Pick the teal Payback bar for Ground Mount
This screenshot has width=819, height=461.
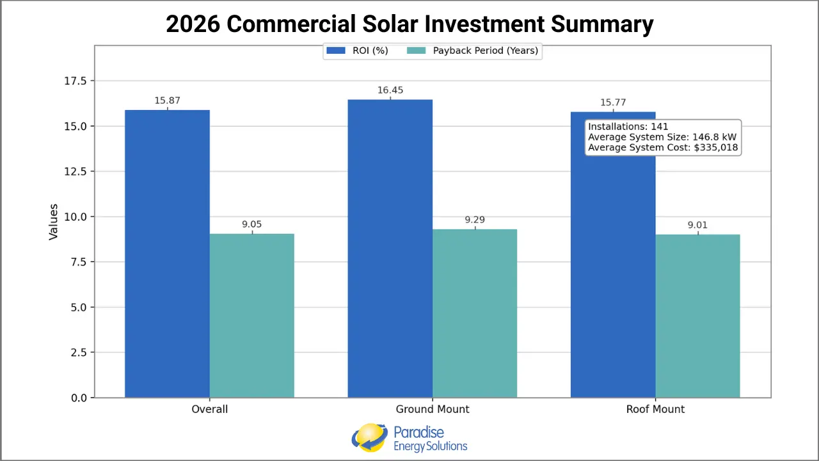pos(474,313)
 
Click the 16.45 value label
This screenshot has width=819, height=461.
pos(390,90)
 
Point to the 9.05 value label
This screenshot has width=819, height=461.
pos(251,225)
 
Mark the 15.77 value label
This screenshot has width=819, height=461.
pos(613,102)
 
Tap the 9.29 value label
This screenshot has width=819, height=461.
pos(475,220)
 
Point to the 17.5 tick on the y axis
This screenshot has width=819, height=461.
pos(76,81)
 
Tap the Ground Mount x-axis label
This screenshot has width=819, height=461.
pos(433,409)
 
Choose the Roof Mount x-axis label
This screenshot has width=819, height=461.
pos(655,409)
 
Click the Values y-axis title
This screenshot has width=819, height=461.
pos(54,222)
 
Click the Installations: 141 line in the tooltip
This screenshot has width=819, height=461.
pos(628,127)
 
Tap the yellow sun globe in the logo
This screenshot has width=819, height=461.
pos(369,437)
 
